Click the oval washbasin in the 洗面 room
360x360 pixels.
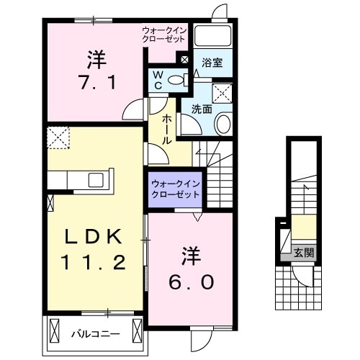(x=223, y=124)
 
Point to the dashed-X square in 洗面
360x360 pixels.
(x=222, y=92)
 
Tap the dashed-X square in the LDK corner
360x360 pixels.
(x=58, y=135)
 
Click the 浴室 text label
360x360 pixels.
(x=212, y=63)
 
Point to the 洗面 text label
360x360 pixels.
(x=201, y=109)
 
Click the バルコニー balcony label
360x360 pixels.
(x=90, y=333)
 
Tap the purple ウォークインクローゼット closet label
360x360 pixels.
(x=176, y=190)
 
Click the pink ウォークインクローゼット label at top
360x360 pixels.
(x=165, y=34)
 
